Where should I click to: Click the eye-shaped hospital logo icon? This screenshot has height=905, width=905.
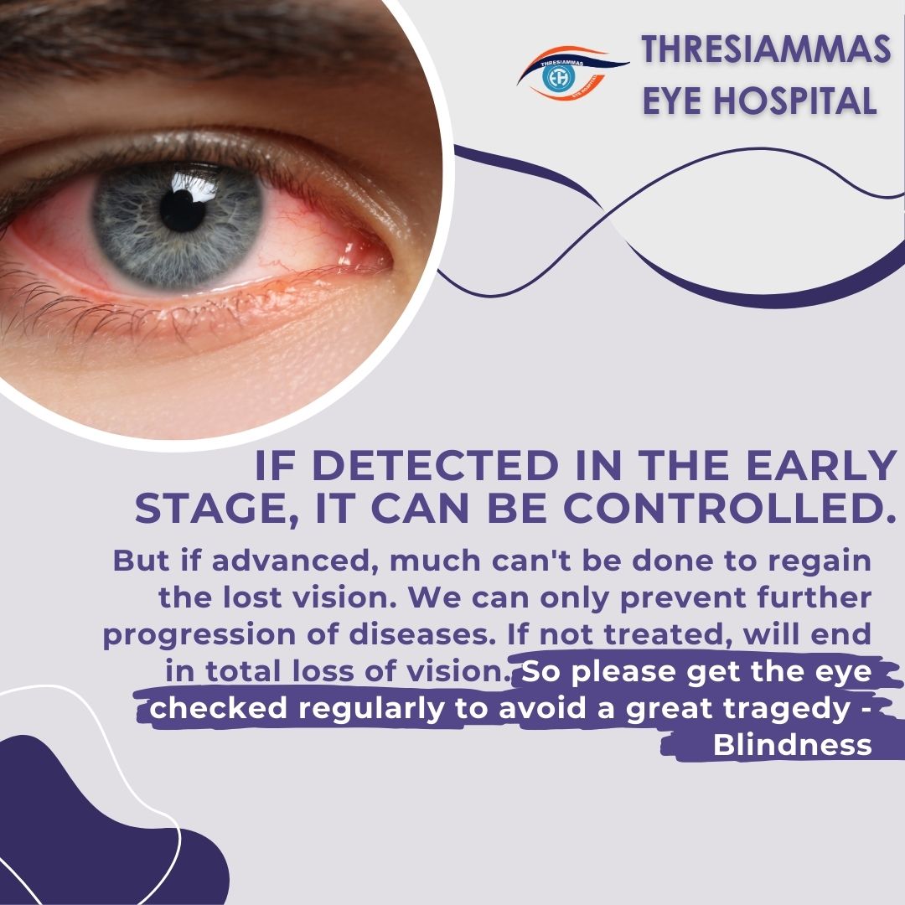coord(571,73)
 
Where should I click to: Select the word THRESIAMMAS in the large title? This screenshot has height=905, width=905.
coord(767,49)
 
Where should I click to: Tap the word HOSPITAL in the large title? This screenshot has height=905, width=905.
coord(794,101)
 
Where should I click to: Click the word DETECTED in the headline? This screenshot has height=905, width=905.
coord(436,465)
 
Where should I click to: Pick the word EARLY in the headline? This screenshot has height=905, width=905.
coord(820,465)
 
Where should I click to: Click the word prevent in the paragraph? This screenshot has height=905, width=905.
coord(683,598)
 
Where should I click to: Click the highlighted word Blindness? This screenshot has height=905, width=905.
coord(792,745)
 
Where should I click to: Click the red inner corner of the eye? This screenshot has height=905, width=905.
coord(363,254)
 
